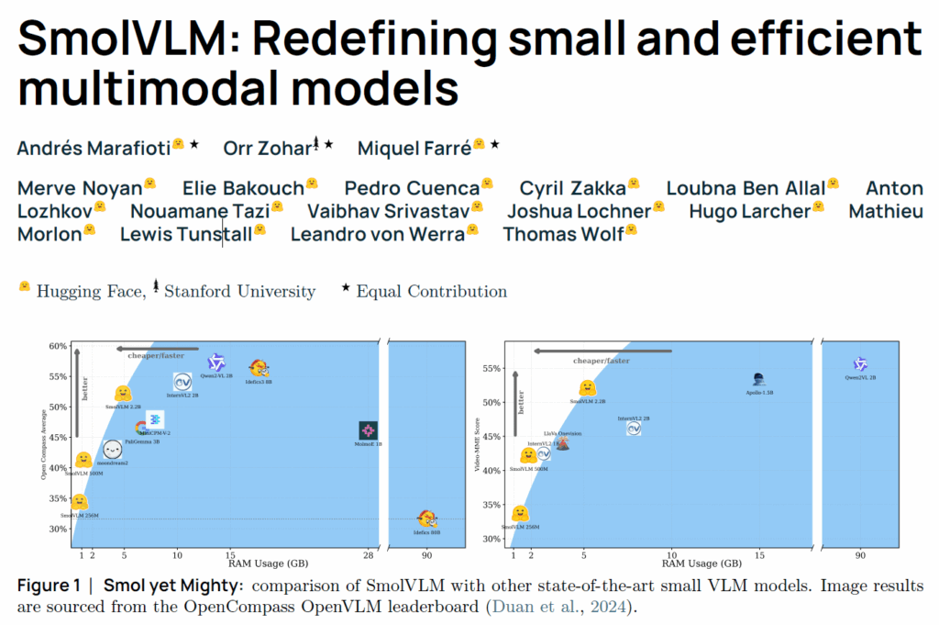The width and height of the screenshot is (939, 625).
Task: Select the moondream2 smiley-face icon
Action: (113, 450)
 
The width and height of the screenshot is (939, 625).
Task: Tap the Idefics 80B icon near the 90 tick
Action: (426, 519)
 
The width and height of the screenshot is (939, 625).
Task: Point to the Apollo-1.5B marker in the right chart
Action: (758, 379)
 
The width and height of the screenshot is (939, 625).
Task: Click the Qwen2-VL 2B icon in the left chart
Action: (216, 363)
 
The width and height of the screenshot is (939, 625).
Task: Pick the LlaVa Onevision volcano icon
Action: (563, 443)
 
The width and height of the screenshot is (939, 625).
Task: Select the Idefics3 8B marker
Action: (259, 369)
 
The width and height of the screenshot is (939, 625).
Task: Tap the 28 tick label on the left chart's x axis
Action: (368, 555)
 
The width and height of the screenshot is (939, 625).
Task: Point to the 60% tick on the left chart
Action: (58, 346)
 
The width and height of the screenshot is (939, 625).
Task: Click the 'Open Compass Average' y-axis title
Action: (42, 445)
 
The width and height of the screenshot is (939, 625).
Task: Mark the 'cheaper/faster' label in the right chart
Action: (601, 361)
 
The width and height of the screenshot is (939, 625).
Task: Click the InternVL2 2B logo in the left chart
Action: (181, 382)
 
